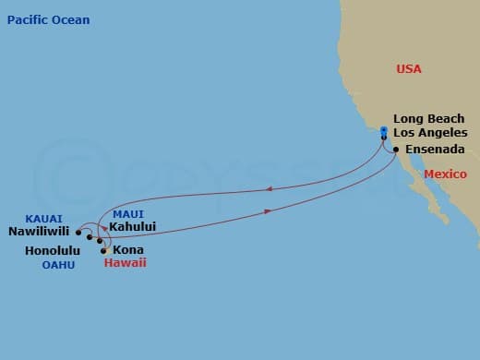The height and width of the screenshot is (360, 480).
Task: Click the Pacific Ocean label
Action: point(48,19)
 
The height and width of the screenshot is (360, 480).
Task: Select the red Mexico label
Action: point(445,174)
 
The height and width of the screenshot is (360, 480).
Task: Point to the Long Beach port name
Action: point(429,119)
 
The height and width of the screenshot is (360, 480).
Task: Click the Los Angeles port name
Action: point(430,134)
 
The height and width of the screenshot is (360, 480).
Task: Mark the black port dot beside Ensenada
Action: point(395,150)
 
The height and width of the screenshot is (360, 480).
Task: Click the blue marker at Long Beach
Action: point(383,130)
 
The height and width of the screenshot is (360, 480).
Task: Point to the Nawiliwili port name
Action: point(40,232)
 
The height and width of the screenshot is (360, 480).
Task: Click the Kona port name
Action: point(127,249)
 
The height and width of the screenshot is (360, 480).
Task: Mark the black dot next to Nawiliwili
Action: point(78,233)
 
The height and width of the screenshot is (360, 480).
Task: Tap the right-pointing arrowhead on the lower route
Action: point(268,211)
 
